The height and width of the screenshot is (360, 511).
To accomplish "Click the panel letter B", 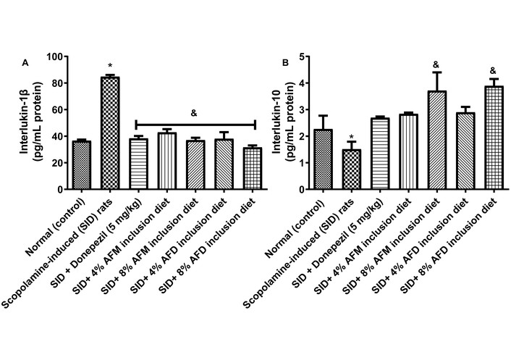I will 285,64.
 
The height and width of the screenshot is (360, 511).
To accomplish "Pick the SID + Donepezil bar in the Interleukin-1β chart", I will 138,164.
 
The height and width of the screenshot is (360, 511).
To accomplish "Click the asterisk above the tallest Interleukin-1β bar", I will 110,66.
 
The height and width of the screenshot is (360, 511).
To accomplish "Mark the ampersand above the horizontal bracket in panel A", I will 194,113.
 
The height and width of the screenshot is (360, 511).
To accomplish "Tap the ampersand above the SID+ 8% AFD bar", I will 492,71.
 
